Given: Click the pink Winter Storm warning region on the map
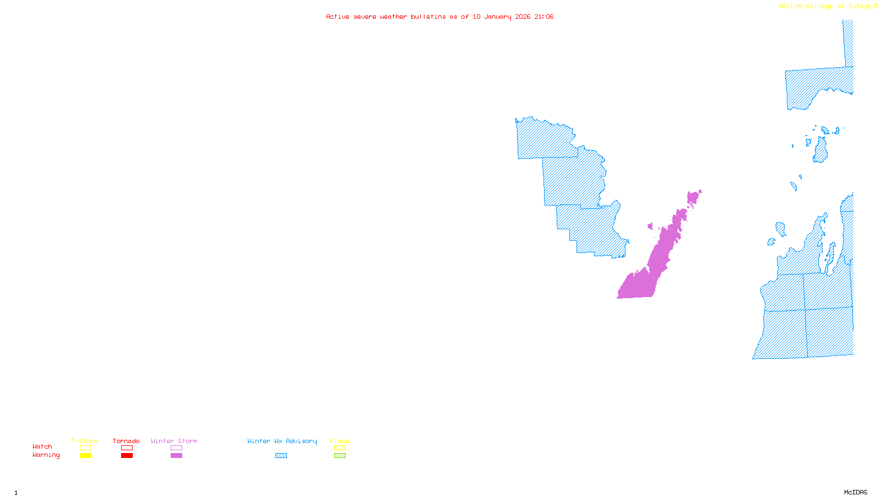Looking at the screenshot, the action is coord(641,284).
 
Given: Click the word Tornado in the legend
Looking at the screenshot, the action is coord(126,441).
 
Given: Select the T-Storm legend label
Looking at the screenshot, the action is coord(85,441).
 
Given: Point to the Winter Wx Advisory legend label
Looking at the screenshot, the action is coord(282,441).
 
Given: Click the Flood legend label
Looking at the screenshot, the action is coord(340,441).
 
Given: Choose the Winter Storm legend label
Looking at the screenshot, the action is coord(174,441).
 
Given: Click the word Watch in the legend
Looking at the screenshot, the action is coord(42,446).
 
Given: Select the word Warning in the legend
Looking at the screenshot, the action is coord(46,455).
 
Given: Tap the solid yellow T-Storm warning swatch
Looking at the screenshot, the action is coord(85,456).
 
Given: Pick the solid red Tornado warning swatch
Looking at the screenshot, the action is coord(127,456).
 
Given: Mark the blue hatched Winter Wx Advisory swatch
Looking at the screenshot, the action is coord(281,456).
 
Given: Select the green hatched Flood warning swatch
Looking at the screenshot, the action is coord(340,456).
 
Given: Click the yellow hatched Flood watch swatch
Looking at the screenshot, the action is coord(340,448).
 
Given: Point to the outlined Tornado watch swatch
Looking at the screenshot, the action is coord(127,448).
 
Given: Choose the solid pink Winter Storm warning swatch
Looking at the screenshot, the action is coord(176,456).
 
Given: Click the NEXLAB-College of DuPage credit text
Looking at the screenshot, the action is coord(825,7).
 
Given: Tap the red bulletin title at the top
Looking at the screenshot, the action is coord(439,17).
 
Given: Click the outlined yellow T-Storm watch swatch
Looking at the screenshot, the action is coord(85,448).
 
